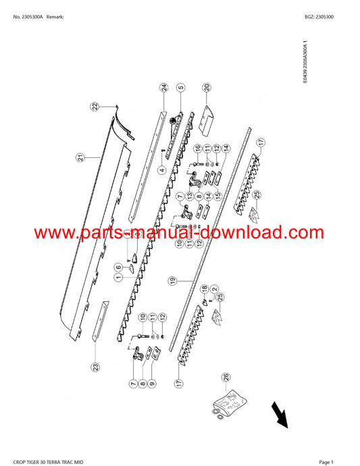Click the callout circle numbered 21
pyautogui.click(x=81, y=157)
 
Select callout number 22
pyautogui.click(x=95, y=107)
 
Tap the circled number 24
pyautogui.click(x=164, y=87)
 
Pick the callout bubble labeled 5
pyautogui.click(x=180, y=87)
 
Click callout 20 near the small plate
pyautogui.click(x=207, y=87)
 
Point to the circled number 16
pyautogui.click(x=198, y=148)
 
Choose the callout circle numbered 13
pyautogui.click(x=189, y=196)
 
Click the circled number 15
pyautogui.click(x=218, y=196)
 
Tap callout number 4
pyautogui.click(x=162, y=170)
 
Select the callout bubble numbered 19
pyautogui.click(x=172, y=281)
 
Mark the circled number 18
pyautogui.click(x=204, y=288)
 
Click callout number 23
pyautogui.click(x=95, y=367)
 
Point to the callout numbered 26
pyautogui.click(x=226, y=378)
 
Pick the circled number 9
pyautogui.click(x=152, y=384)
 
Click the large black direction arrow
pyautogui.click(x=280, y=415)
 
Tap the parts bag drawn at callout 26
pyautogui.click(x=230, y=405)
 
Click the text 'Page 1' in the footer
pyautogui.click(x=326, y=462)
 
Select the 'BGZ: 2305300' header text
pyautogui.click(x=319, y=17)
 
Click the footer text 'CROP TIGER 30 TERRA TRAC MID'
pyautogui.click(x=48, y=462)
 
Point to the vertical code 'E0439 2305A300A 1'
pyautogui.click(x=305, y=62)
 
